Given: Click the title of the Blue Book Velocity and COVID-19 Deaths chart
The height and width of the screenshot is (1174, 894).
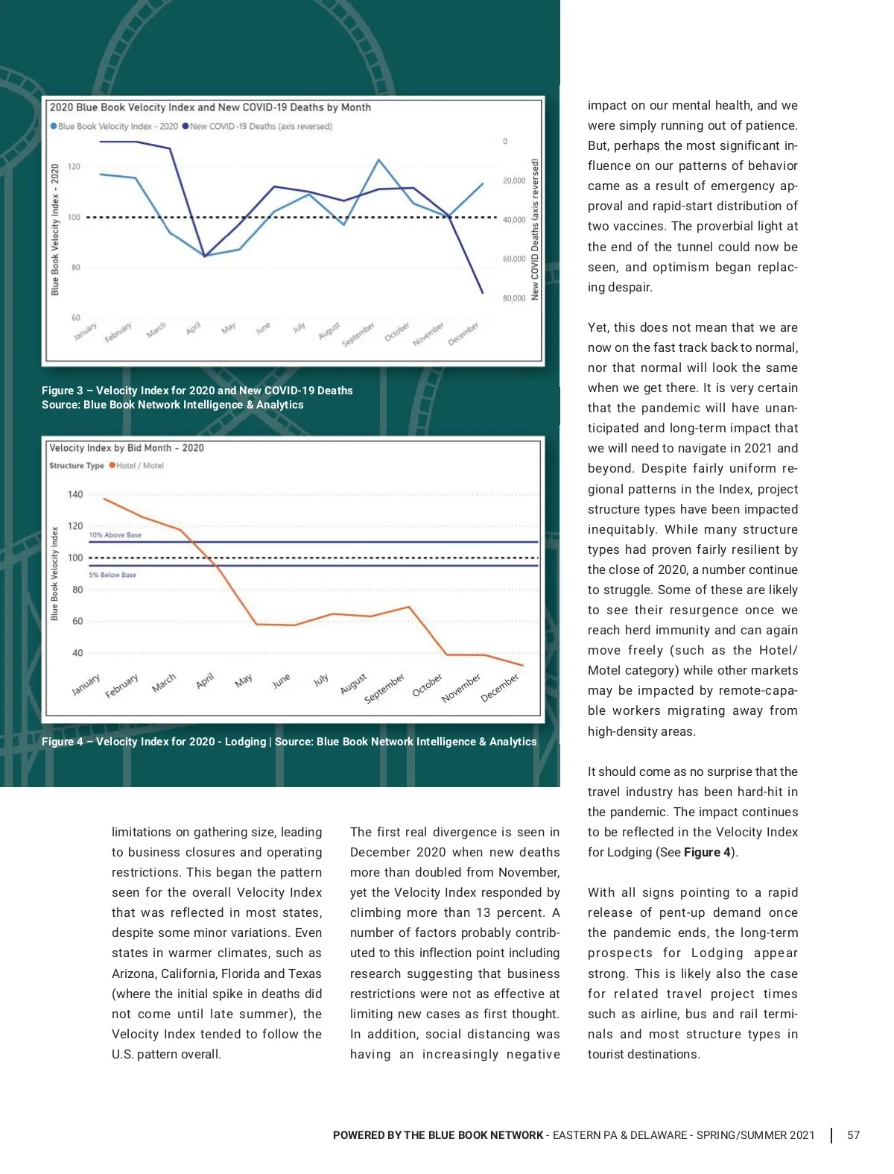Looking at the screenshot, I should click(210, 107).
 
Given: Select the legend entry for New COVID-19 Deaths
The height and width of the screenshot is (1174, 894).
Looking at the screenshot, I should click(260, 127).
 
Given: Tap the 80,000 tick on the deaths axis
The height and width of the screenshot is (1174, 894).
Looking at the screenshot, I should click(513, 298).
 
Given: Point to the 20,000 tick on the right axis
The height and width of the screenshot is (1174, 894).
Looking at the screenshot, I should click(513, 180).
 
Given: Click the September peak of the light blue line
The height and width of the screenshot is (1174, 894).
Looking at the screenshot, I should click(378, 160).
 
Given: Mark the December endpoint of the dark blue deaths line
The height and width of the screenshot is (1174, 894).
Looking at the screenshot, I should click(483, 292).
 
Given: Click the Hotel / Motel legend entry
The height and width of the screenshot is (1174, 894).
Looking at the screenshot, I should click(139, 466).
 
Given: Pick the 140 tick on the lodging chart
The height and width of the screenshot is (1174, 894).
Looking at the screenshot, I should click(75, 494).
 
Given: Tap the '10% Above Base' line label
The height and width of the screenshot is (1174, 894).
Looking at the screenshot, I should click(115, 535).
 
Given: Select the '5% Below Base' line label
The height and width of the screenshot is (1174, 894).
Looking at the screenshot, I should click(112, 575).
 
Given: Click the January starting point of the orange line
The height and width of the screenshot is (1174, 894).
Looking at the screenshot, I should click(104, 498).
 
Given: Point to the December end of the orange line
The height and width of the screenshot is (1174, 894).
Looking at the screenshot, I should click(523, 665).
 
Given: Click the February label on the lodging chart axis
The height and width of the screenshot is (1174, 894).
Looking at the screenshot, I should click(122, 686).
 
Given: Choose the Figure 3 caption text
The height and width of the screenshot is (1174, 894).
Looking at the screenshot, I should click(197, 397).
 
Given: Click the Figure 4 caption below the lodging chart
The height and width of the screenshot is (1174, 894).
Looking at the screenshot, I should click(288, 742).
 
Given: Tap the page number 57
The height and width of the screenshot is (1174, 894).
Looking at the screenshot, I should click(853, 1135).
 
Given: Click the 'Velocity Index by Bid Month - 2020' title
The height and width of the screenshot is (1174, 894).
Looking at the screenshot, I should click(126, 448).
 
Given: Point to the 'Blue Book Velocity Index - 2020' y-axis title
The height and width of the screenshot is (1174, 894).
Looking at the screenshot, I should click(55, 230).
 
